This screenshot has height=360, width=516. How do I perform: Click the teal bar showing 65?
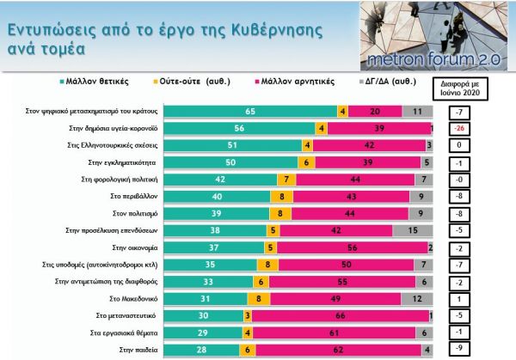click(250, 112)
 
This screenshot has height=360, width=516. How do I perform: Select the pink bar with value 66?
click(341, 314)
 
